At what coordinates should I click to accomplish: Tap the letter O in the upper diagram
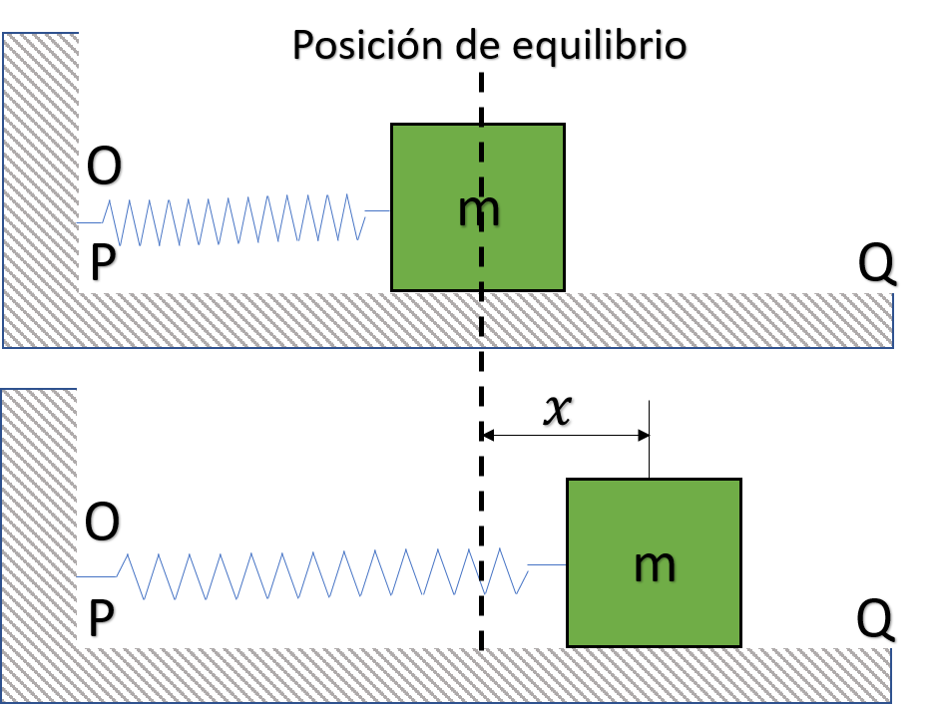[104, 168]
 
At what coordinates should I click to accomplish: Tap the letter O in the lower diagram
[102, 523]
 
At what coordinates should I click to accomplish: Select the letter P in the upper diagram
[103, 264]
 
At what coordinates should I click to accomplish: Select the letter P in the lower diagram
[101, 619]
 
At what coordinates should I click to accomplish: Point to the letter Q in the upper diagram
[876, 264]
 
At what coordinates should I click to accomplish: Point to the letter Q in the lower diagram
[874, 619]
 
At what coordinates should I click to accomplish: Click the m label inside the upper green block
[478, 209]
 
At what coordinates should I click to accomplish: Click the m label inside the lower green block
[655, 564]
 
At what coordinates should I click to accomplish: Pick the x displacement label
[557, 409]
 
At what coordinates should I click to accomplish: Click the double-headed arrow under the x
[566, 435]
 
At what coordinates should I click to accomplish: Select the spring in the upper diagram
[234, 219]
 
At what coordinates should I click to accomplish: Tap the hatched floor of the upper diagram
[449, 320]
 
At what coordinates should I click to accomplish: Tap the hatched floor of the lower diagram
[449, 675]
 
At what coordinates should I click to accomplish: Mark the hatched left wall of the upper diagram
[40, 170]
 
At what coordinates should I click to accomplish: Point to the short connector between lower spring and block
[546, 565]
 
